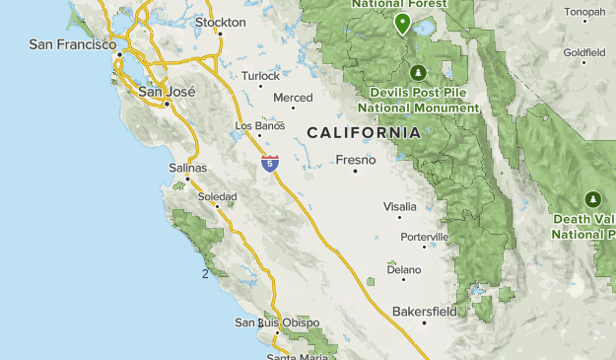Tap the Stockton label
point(221,22)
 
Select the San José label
point(167,92)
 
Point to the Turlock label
point(260,75)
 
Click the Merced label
point(293,98)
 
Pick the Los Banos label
point(261,126)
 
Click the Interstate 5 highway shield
point(269,163)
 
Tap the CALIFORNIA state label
point(363,132)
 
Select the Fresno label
point(355,159)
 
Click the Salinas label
point(189,169)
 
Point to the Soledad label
point(218,197)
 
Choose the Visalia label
point(400,207)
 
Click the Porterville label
point(425,237)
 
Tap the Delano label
point(404,268)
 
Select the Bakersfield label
point(425,312)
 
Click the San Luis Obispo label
point(277,323)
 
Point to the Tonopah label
point(585,12)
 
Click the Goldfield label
point(584,52)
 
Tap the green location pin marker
point(402,23)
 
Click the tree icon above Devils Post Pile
point(418,72)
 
